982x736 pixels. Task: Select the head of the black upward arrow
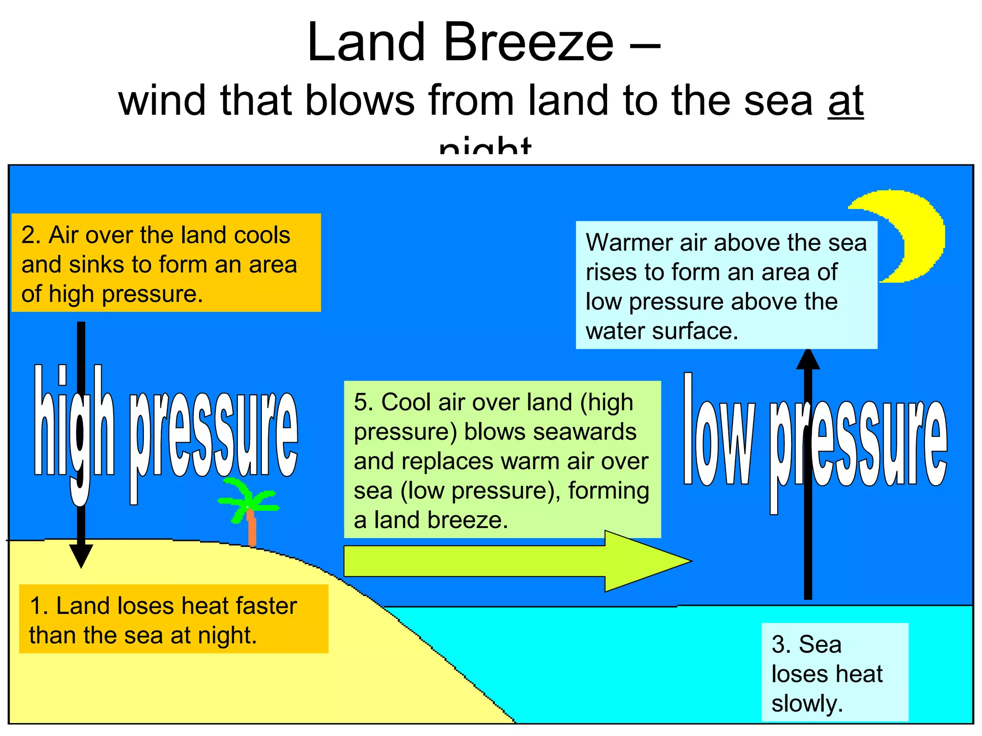tap(808, 359)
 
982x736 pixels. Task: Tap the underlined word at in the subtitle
tap(845, 101)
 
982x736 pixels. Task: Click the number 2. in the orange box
tap(31, 235)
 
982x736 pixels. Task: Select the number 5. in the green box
tap(363, 402)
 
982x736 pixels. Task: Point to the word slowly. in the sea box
tap(807, 703)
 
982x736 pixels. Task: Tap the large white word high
tap(74, 426)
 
